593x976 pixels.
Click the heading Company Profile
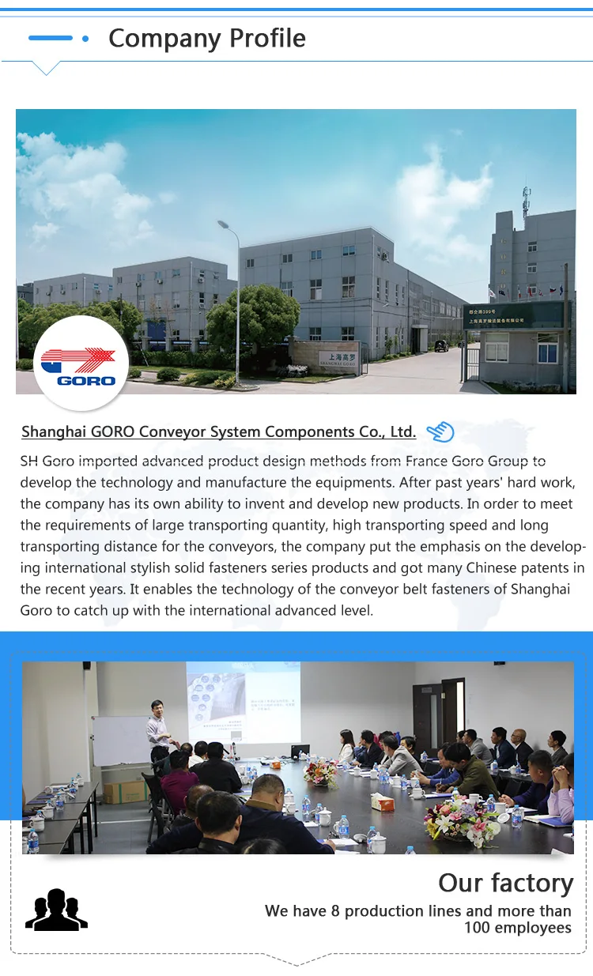click(x=207, y=38)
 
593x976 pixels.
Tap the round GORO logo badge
click(x=81, y=363)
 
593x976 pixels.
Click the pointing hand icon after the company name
click(x=440, y=431)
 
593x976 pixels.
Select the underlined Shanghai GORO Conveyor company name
click(x=218, y=431)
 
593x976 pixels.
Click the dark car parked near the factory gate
click(x=441, y=345)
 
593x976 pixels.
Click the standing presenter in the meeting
click(x=158, y=731)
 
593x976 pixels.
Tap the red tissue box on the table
click(x=382, y=801)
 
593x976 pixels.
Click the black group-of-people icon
click(x=56, y=910)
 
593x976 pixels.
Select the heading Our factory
click(x=505, y=883)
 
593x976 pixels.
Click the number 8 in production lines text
click(x=335, y=911)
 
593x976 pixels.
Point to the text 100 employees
click(x=517, y=928)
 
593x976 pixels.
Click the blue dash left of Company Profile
click(x=50, y=38)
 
